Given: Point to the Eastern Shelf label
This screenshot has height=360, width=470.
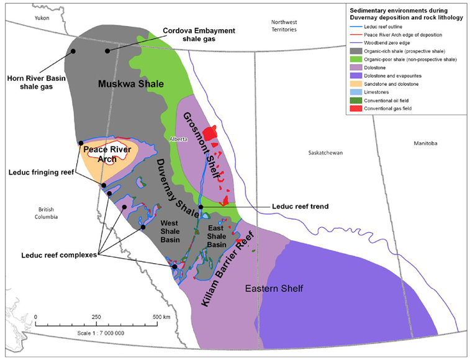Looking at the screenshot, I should (x=269, y=289).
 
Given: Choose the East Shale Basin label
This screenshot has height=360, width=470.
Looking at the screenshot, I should (x=220, y=236).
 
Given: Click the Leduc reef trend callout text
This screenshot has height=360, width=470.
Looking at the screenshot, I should (x=301, y=206).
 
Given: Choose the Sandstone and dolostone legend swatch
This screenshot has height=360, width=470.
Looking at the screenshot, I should (x=356, y=84).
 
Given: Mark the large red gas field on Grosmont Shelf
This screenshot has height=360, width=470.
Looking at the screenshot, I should (x=212, y=132).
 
